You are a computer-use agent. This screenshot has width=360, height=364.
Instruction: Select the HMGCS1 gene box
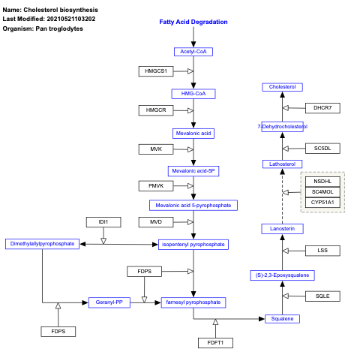[156, 71]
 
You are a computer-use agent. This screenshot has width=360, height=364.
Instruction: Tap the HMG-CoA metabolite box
[193, 94]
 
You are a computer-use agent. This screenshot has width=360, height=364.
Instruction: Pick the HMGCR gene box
[156, 110]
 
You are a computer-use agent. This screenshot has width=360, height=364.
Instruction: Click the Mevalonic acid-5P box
[193, 170]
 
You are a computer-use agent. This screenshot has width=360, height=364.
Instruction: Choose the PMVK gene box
[156, 185]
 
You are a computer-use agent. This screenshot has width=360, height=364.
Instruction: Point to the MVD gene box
[156, 222]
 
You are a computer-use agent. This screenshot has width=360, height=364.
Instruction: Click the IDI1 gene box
[103, 222]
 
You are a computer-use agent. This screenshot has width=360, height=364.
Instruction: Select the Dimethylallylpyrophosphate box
[42, 244]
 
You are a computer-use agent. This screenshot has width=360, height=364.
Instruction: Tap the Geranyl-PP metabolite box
[110, 302]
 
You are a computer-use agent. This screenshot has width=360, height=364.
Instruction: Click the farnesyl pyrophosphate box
[193, 302]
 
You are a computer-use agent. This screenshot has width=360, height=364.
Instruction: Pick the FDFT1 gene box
[216, 343]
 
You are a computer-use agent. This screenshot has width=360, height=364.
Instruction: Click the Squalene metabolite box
[283, 319]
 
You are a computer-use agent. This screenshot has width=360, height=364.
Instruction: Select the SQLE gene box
[322, 296]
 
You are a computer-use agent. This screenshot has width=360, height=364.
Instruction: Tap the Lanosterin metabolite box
[283, 228]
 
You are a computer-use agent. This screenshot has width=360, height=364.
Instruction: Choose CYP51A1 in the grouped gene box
[322, 203]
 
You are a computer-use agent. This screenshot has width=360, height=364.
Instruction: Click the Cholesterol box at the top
[283, 88]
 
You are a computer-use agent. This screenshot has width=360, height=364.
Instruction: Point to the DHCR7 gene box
[322, 108]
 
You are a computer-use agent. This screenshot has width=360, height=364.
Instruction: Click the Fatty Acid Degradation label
[193, 22]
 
